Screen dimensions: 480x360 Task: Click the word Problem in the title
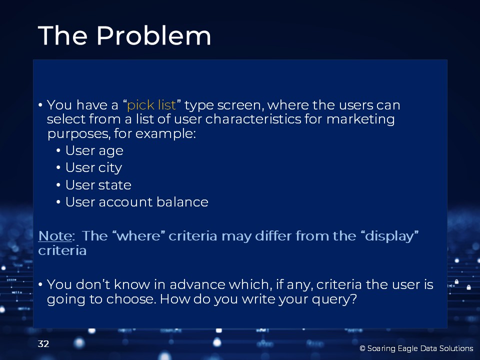153,35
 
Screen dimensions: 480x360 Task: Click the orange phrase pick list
151,105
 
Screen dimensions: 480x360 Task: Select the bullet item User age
94,151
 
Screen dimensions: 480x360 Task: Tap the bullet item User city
93,168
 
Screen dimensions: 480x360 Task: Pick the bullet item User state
98,185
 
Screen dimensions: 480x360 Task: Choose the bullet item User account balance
137,202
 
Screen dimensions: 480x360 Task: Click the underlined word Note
55,236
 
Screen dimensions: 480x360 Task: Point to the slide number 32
43,344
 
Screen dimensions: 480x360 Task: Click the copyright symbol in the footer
362,348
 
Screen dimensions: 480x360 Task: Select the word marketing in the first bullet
360,119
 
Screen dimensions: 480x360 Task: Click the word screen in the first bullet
239,105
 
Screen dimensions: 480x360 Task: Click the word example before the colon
163,134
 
